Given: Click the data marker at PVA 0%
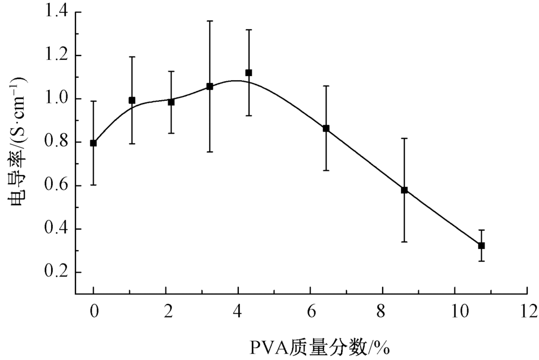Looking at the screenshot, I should (93, 143).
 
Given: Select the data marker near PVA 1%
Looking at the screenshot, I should (132, 100).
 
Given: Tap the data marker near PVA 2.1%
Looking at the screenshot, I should (171, 102).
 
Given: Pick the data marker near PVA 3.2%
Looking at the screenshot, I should (210, 86).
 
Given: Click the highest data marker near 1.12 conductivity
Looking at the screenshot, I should (248, 72).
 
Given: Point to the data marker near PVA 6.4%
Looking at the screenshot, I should (326, 128).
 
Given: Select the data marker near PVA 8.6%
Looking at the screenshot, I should (404, 190).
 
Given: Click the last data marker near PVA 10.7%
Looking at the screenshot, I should (481, 245).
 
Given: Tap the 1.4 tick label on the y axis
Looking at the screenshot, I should (58, 12).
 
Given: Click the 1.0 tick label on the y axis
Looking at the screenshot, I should (58, 99).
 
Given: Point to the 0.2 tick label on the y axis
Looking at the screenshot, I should (58, 272).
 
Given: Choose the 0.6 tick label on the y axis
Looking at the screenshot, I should (58, 185).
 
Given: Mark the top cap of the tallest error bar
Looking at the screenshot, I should (210, 20).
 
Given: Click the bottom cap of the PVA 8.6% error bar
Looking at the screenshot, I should (404, 241).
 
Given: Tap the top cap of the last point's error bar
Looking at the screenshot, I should (481, 230).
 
